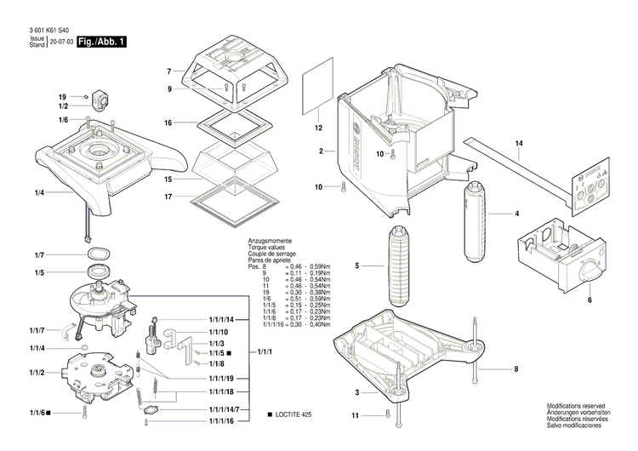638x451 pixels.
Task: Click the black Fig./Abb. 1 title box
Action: click(x=101, y=42)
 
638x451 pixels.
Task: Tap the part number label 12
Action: click(x=319, y=128)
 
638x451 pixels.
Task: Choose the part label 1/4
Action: click(x=39, y=193)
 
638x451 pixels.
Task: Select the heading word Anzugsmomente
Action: click(x=269, y=241)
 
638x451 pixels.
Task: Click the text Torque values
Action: click(x=267, y=248)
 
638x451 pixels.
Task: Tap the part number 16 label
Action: click(x=168, y=123)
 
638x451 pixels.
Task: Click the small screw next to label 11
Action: click(x=389, y=414)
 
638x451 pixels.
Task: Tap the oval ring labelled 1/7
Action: click(x=97, y=254)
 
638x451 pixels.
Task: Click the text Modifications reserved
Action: click(x=578, y=407)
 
